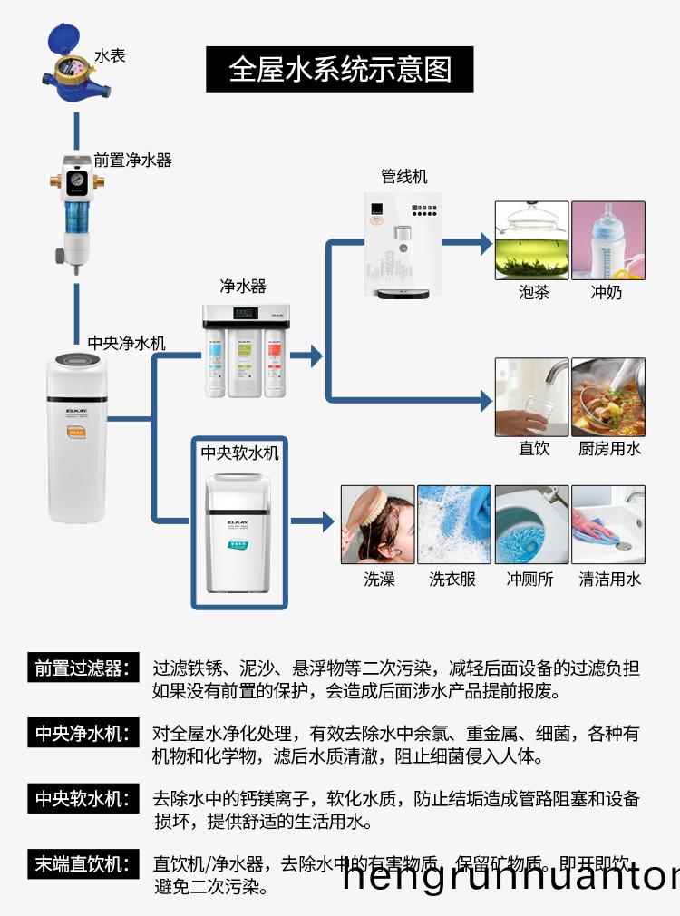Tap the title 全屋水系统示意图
[339, 69]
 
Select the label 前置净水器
[132, 160]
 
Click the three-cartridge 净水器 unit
[245, 349]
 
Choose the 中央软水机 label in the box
[239, 453]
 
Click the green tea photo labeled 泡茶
[531, 240]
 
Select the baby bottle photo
[607, 240]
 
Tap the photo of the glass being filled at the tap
[531, 397]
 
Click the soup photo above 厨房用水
[607, 397]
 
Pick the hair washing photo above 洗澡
[377, 524]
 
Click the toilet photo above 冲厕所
[531, 524]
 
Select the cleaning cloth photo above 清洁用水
[607, 524]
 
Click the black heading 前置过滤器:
[82, 668]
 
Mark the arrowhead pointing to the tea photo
[485, 243]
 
